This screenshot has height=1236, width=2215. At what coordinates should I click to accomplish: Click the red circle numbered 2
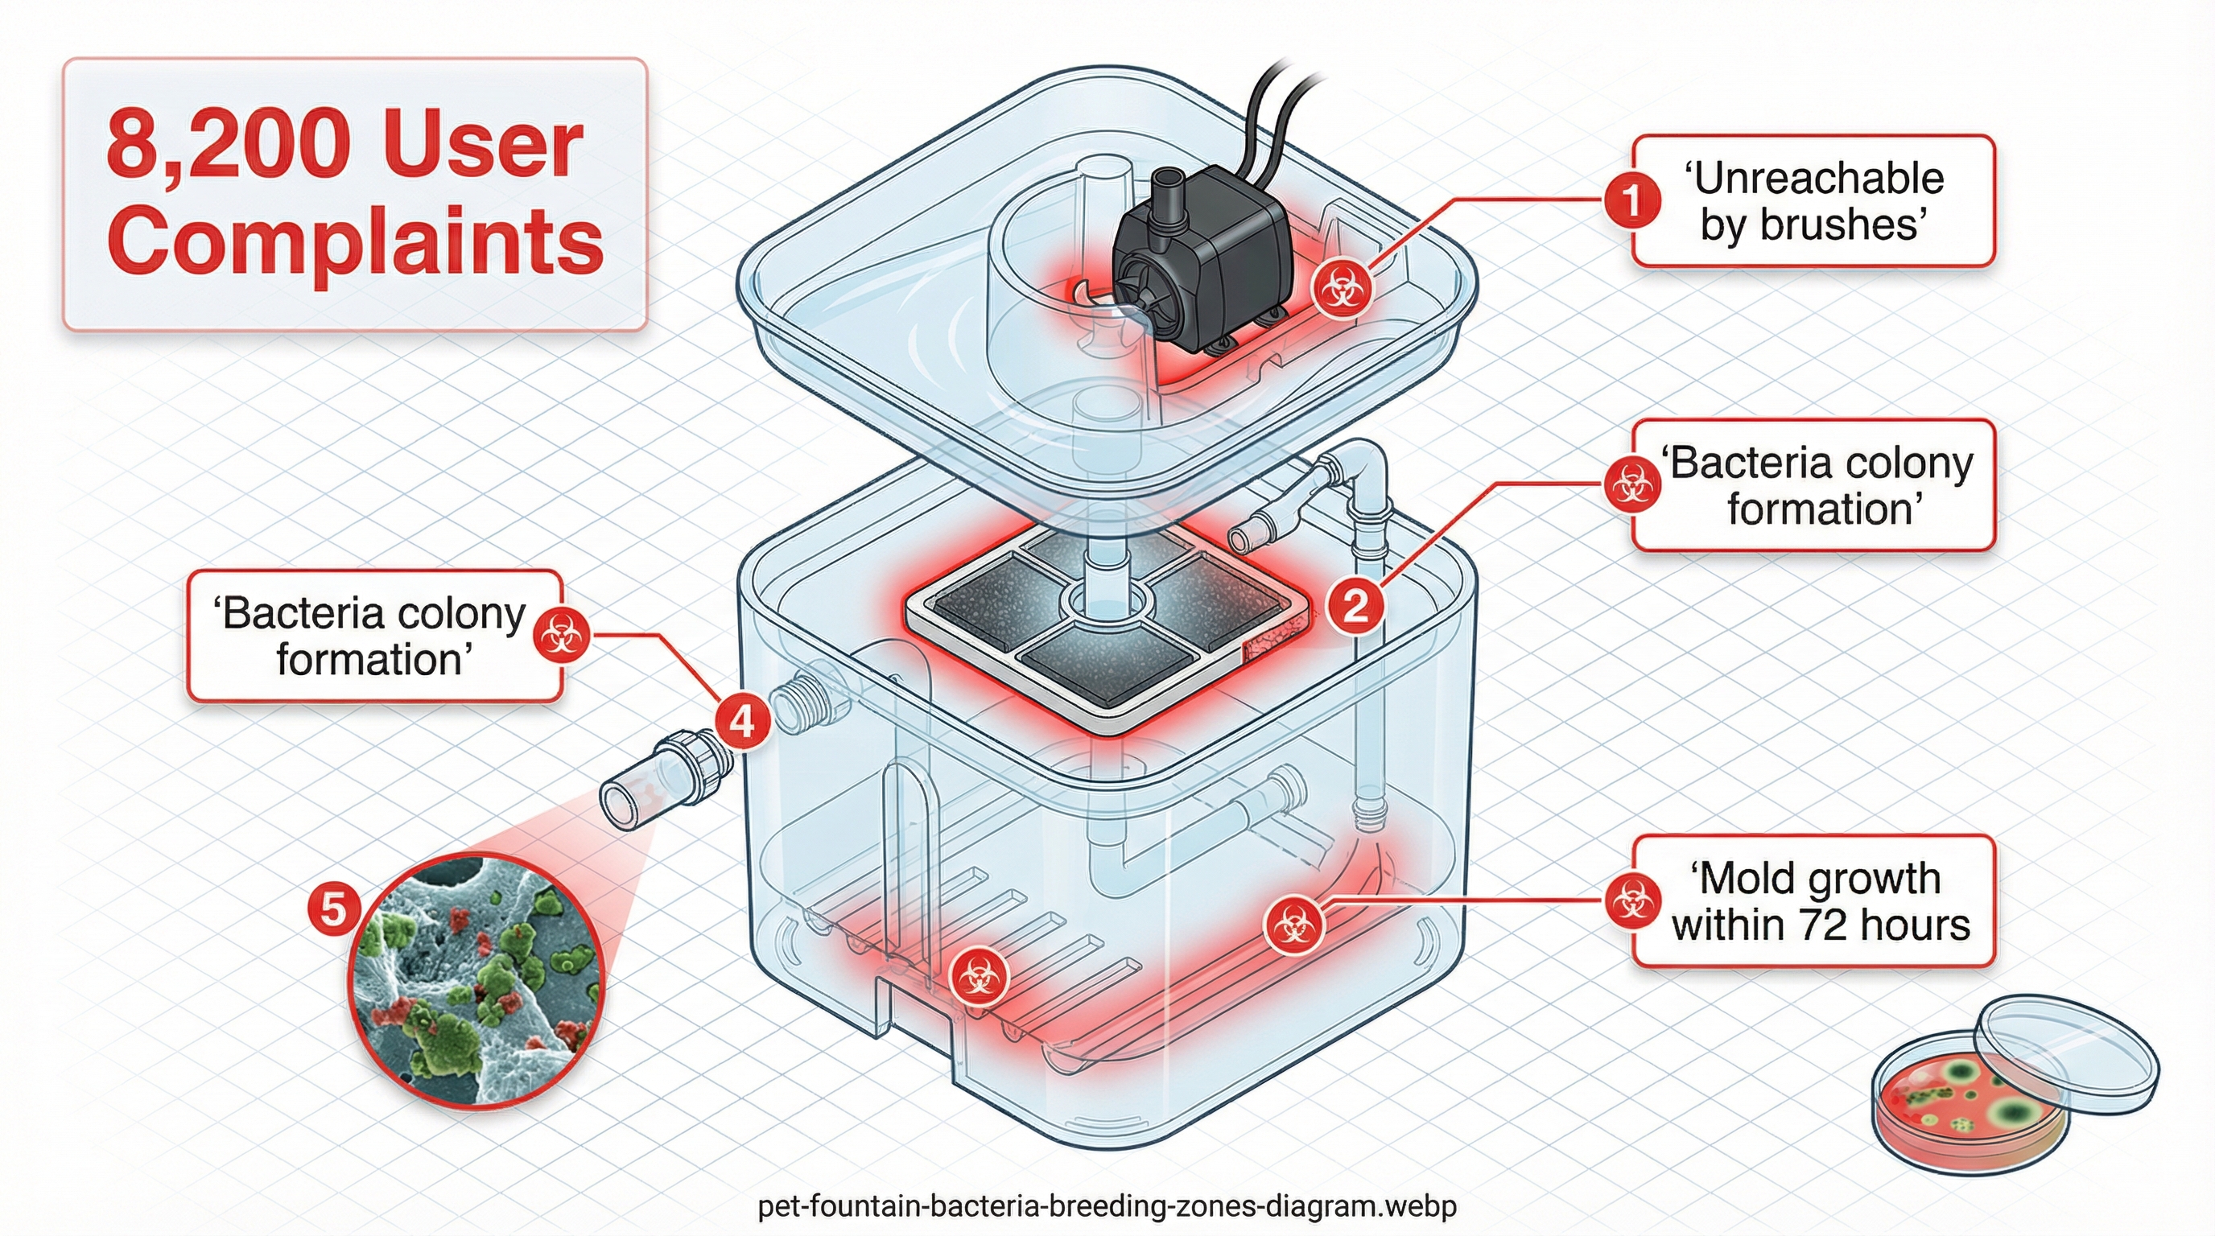coord(1355,607)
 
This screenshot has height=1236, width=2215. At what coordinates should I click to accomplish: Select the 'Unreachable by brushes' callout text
coord(1813,201)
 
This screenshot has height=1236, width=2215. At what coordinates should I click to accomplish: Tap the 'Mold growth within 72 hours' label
coord(1821,900)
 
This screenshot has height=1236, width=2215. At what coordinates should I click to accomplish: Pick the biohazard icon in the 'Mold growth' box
coord(1631,900)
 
